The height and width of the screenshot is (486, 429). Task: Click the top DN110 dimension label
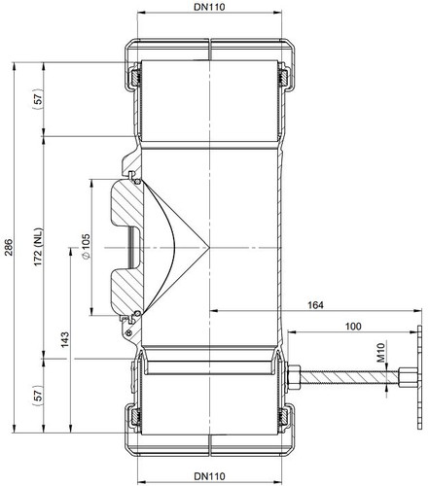tap(209, 7)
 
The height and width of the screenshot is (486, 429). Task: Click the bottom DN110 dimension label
tap(209, 476)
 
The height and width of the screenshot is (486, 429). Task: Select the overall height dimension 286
tap(9, 247)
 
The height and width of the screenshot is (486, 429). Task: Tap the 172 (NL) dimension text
tap(38, 247)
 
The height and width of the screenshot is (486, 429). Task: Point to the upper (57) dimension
tap(38, 99)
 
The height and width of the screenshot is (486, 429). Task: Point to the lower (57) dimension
tap(38, 396)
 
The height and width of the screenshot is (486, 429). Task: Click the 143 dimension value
tap(65, 339)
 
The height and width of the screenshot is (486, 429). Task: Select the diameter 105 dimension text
tap(86, 246)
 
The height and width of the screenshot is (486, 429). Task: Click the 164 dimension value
tap(315, 305)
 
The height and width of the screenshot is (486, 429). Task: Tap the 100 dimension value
tap(353, 326)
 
